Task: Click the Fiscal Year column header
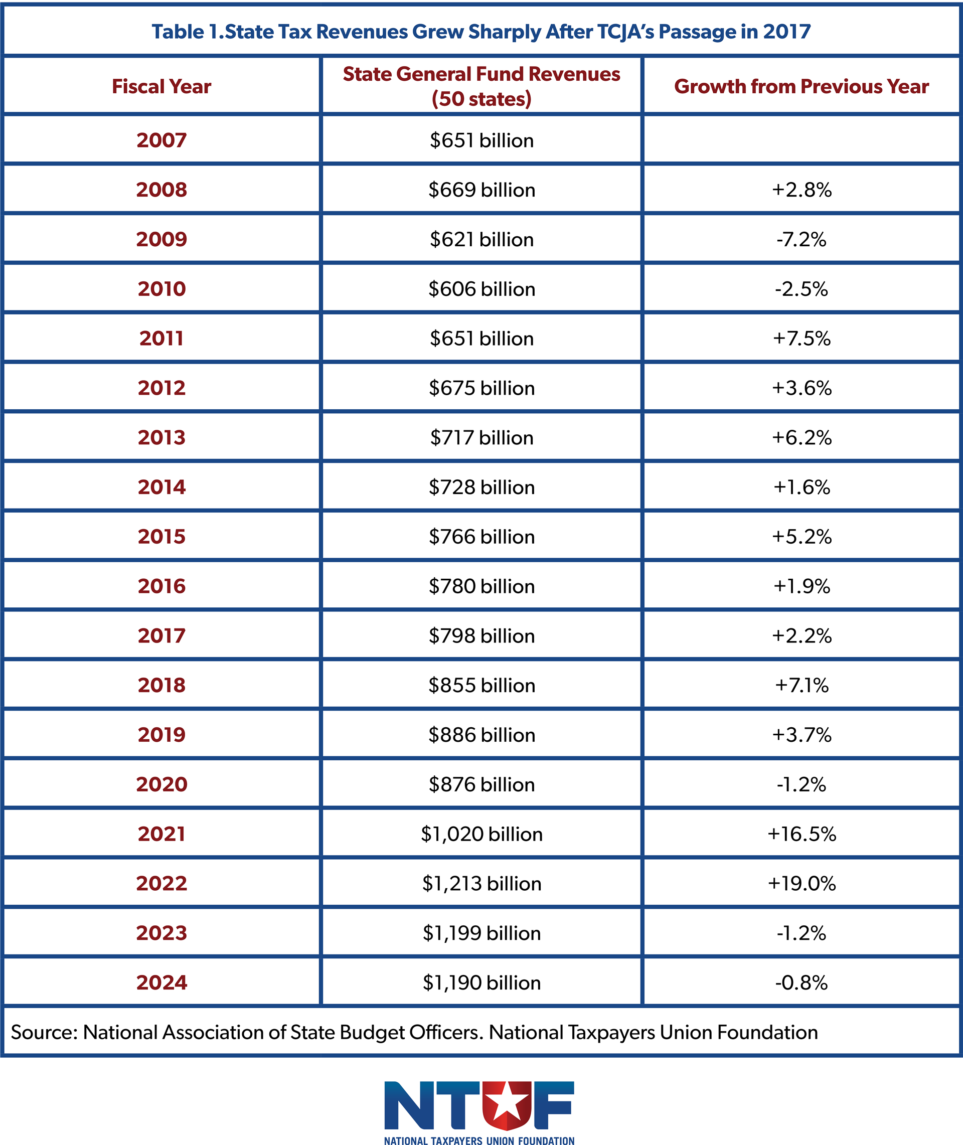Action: tap(162, 86)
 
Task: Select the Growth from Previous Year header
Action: tap(801, 86)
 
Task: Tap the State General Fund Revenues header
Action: tap(481, 86)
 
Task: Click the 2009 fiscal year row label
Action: tap(162, 239)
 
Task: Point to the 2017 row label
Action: tap(162, 635)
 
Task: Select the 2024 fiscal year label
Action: tap(162, 983)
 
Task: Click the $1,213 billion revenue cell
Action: tap(481, 884)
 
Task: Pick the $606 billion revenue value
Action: tap(481, 289)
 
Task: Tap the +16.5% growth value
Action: tap(801, 834)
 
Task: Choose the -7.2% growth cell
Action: tap(801, 239)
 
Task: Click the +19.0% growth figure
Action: tap(801, 884)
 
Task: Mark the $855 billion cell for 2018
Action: tap(481, 685)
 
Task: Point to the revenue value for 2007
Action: tap(481, 140)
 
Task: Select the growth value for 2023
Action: tap(801, 933)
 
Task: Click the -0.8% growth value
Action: tap(801, 983)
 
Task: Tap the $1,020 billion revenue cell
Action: tap(481, 834)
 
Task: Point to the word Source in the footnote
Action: tap(45, 1032)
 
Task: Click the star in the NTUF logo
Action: tap(506, 1103)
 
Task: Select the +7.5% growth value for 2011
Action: tap(801, 339)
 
